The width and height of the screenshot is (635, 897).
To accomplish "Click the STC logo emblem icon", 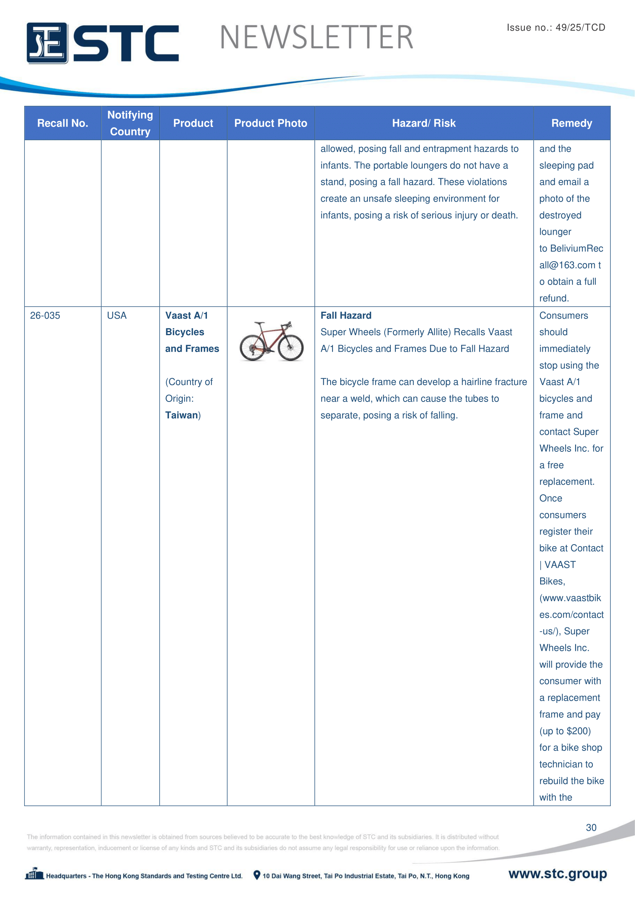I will [47, 43].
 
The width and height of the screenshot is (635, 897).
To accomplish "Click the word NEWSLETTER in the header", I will [316, 38].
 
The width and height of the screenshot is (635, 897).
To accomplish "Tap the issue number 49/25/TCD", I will [580, 27].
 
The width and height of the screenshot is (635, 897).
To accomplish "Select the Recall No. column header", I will [63, 123].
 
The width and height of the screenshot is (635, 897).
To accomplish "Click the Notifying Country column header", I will [130, 123].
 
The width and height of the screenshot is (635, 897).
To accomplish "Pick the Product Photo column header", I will [271, 123].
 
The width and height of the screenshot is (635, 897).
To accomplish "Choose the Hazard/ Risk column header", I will [424, 123].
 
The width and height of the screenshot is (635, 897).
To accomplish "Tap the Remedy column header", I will [572, 123].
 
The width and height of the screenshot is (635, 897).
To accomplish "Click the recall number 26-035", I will [45, 315].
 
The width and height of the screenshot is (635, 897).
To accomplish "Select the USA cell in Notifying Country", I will [117, 315].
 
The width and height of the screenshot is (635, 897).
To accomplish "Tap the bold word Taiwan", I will [182, 415].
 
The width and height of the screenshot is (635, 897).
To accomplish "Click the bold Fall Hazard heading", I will [346, 315].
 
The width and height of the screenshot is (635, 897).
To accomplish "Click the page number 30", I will [591, 828].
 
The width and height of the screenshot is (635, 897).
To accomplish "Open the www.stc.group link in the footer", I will [557, 874].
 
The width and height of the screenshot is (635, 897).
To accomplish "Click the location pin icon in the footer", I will [257, 875].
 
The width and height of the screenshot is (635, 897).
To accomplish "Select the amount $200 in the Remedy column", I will [577, 731].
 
